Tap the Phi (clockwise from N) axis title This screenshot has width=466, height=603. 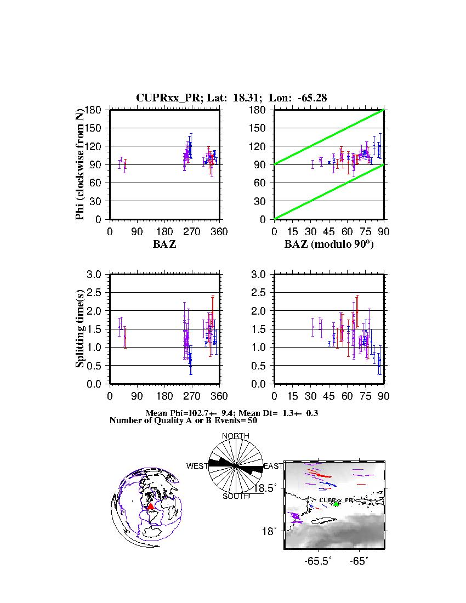pyautogui.click(x=81, y=164)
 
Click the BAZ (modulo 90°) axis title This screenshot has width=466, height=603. pyautogui.click(x=328, y=244)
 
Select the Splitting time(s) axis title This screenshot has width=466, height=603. pyautogui.click(x=81, y=329)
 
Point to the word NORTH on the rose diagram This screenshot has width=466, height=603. pyautogui.click(x=235, y=436)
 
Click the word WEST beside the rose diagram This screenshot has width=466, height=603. pyautogui.click(x=197, y=466)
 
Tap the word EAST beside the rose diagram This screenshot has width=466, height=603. pyautogui.click(x=273, y=466)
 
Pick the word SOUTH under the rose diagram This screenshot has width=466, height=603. pyautogui.click(x=236, y=496)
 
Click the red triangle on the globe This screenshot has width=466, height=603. pyautogui.click(x=151, y=506)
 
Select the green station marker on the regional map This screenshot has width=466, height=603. pyautogui.click(x=336, y=504)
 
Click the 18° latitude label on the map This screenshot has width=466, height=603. pyautogui.click(x=271, y=531)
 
